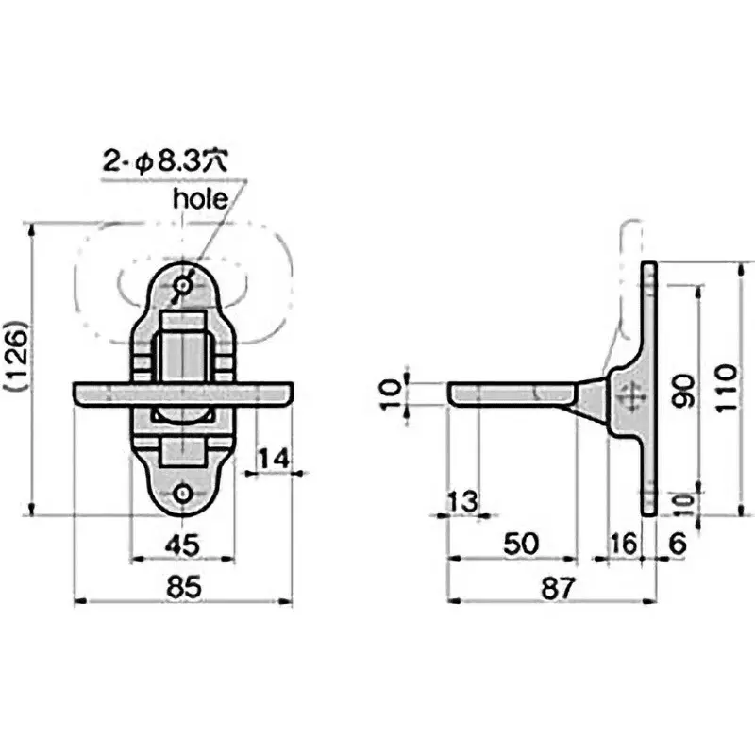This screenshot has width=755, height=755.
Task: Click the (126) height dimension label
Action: click(18, 356)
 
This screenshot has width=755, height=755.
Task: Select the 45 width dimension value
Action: click(182, 545)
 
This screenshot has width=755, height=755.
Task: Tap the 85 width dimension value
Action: click(183, 587)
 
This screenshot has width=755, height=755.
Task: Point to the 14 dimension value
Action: click(273, 459)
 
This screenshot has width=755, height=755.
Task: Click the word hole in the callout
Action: click(200, 198)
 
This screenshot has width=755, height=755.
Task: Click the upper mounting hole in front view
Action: click(182, 286)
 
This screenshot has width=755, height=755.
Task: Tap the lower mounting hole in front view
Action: click(182, 494)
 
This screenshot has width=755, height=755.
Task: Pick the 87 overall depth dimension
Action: click(558, 588)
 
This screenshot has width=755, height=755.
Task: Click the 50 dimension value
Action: click(521, 545)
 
